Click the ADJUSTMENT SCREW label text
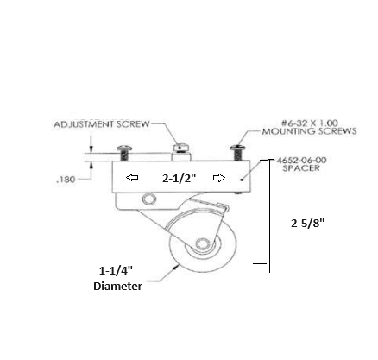click(100, 124)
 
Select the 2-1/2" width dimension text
click(179, 179)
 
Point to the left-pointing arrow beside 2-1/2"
click(131, 179)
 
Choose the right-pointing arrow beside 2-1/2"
click(221, 179)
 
